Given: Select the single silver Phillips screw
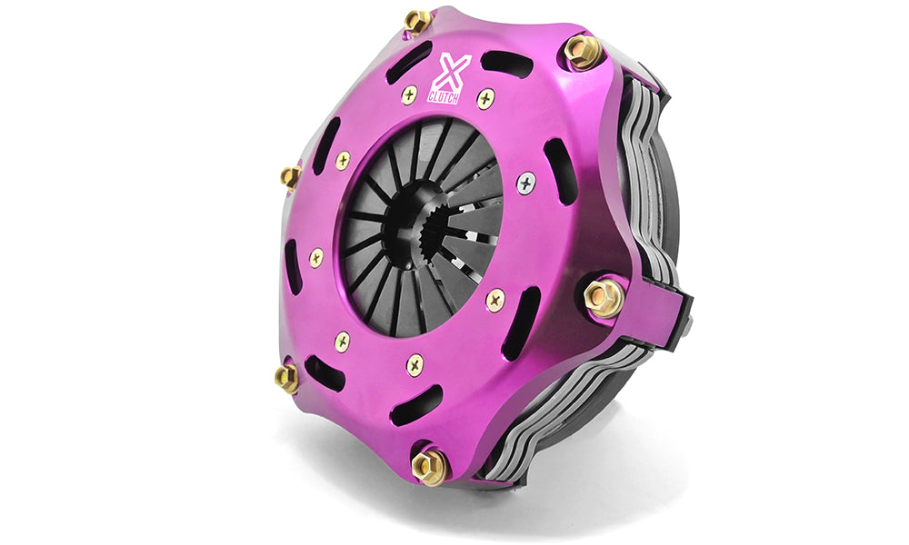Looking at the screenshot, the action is (x=525, y=183).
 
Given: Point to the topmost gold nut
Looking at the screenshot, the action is (x=417, y=22).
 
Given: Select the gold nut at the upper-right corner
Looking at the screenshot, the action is (x=584, y=51).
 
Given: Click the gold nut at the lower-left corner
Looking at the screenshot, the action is (x=286, y=378).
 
